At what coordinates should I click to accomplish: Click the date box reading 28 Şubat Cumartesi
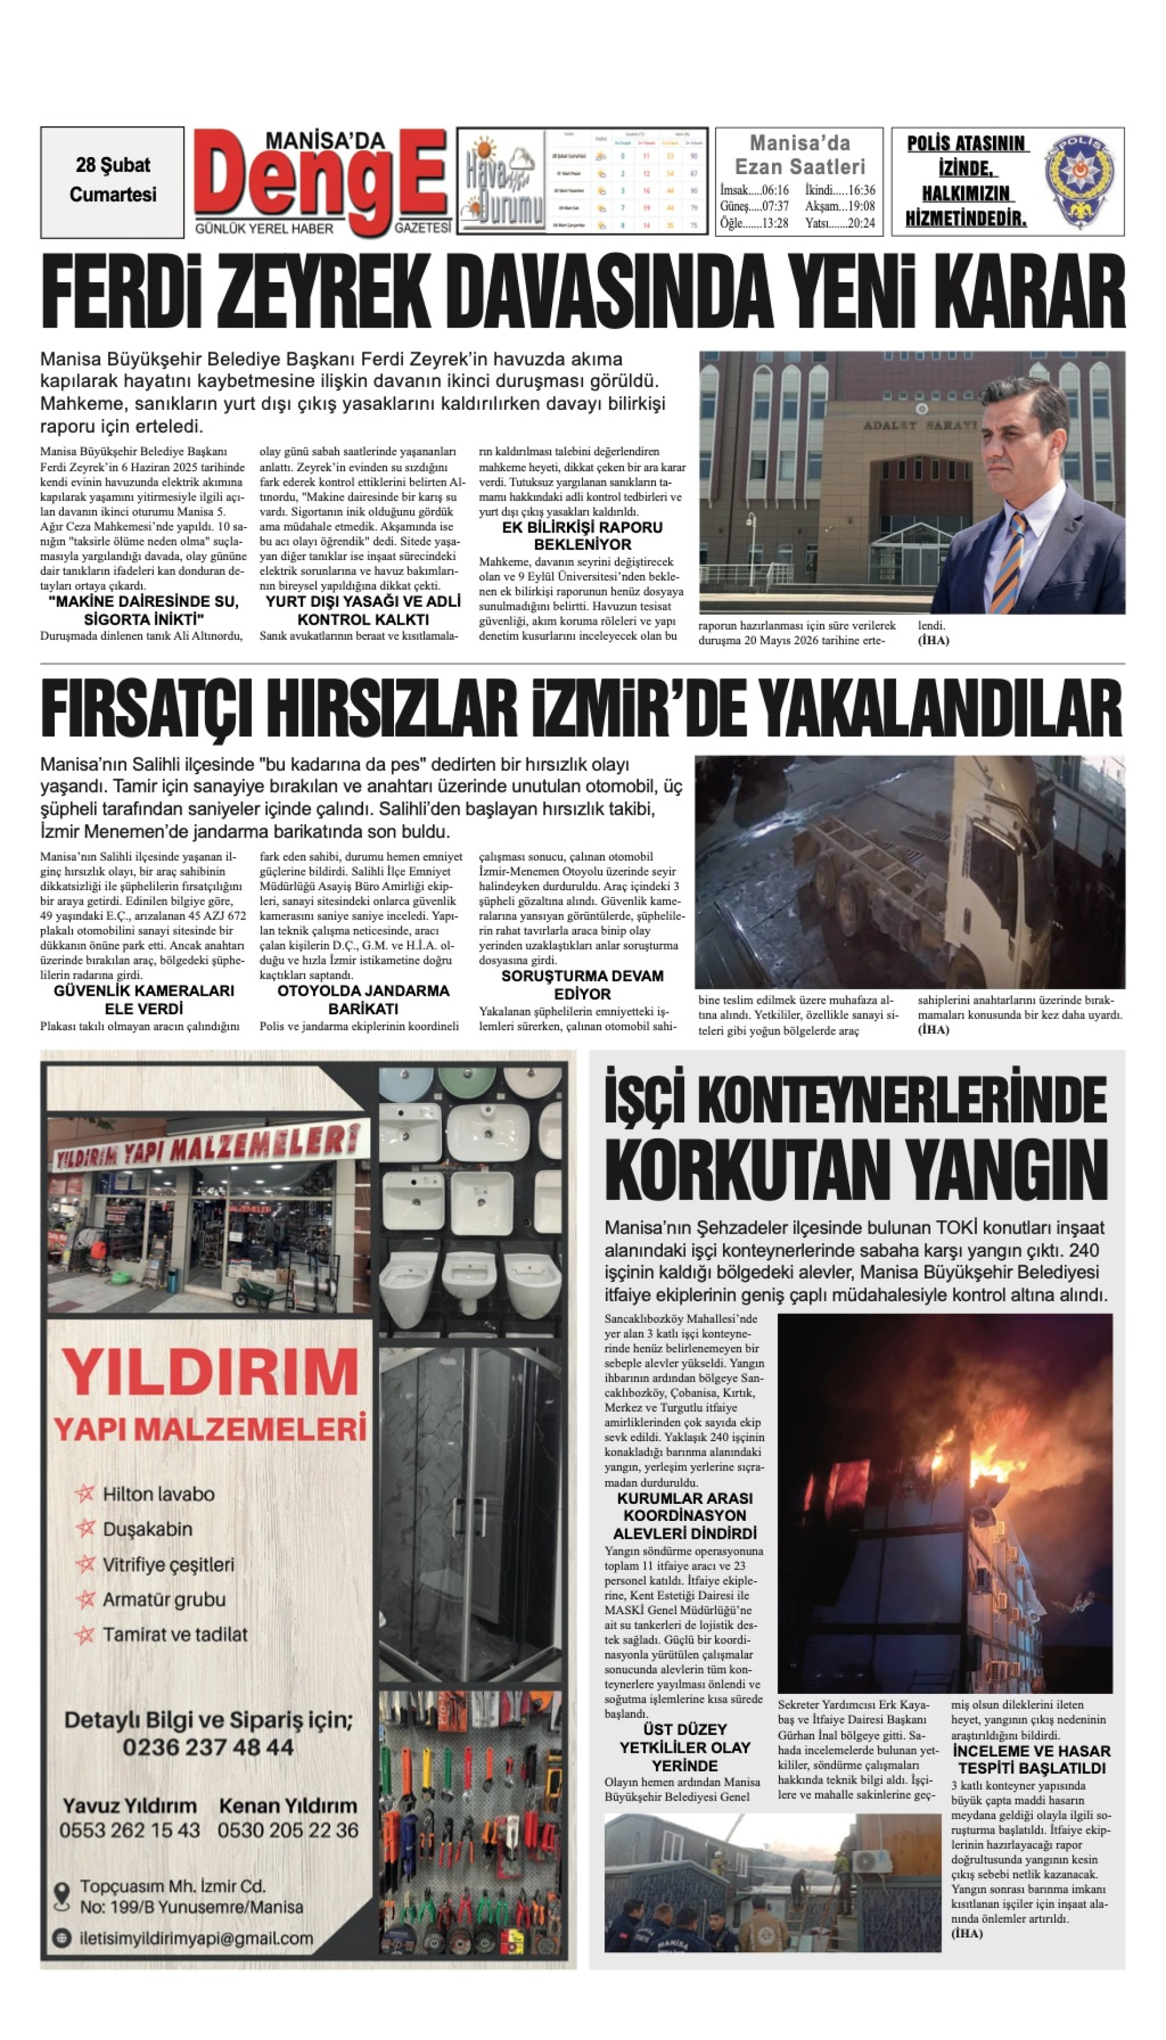pos(112,181)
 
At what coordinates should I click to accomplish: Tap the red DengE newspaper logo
pos(320,180)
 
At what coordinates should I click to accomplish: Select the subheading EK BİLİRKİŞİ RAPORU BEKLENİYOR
pos(582,536)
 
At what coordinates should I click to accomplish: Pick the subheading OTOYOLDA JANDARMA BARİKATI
pos(363,999)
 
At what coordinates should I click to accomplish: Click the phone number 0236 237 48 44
pos(208,1747)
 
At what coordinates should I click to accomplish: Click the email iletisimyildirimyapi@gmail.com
pos(196,1938)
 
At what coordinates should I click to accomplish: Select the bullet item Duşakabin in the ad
pos(147,1528)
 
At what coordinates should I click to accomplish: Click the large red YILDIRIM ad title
pos(210,1373)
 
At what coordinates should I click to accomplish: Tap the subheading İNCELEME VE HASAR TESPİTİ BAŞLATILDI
pos(1032,1760)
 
